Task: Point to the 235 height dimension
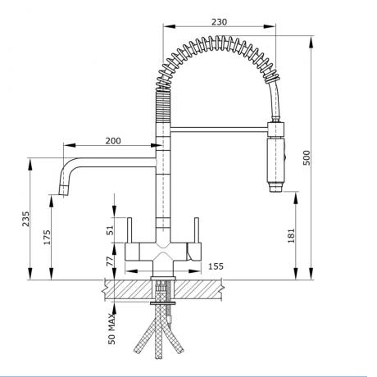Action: pyautogui.click(x=26, y=219)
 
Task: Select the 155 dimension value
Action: pyautogui.click(x=216, y=266)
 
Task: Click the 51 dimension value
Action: pyautogui.click(x=111, y=232)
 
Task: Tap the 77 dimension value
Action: pyautogui.click(x=111, y=261)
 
